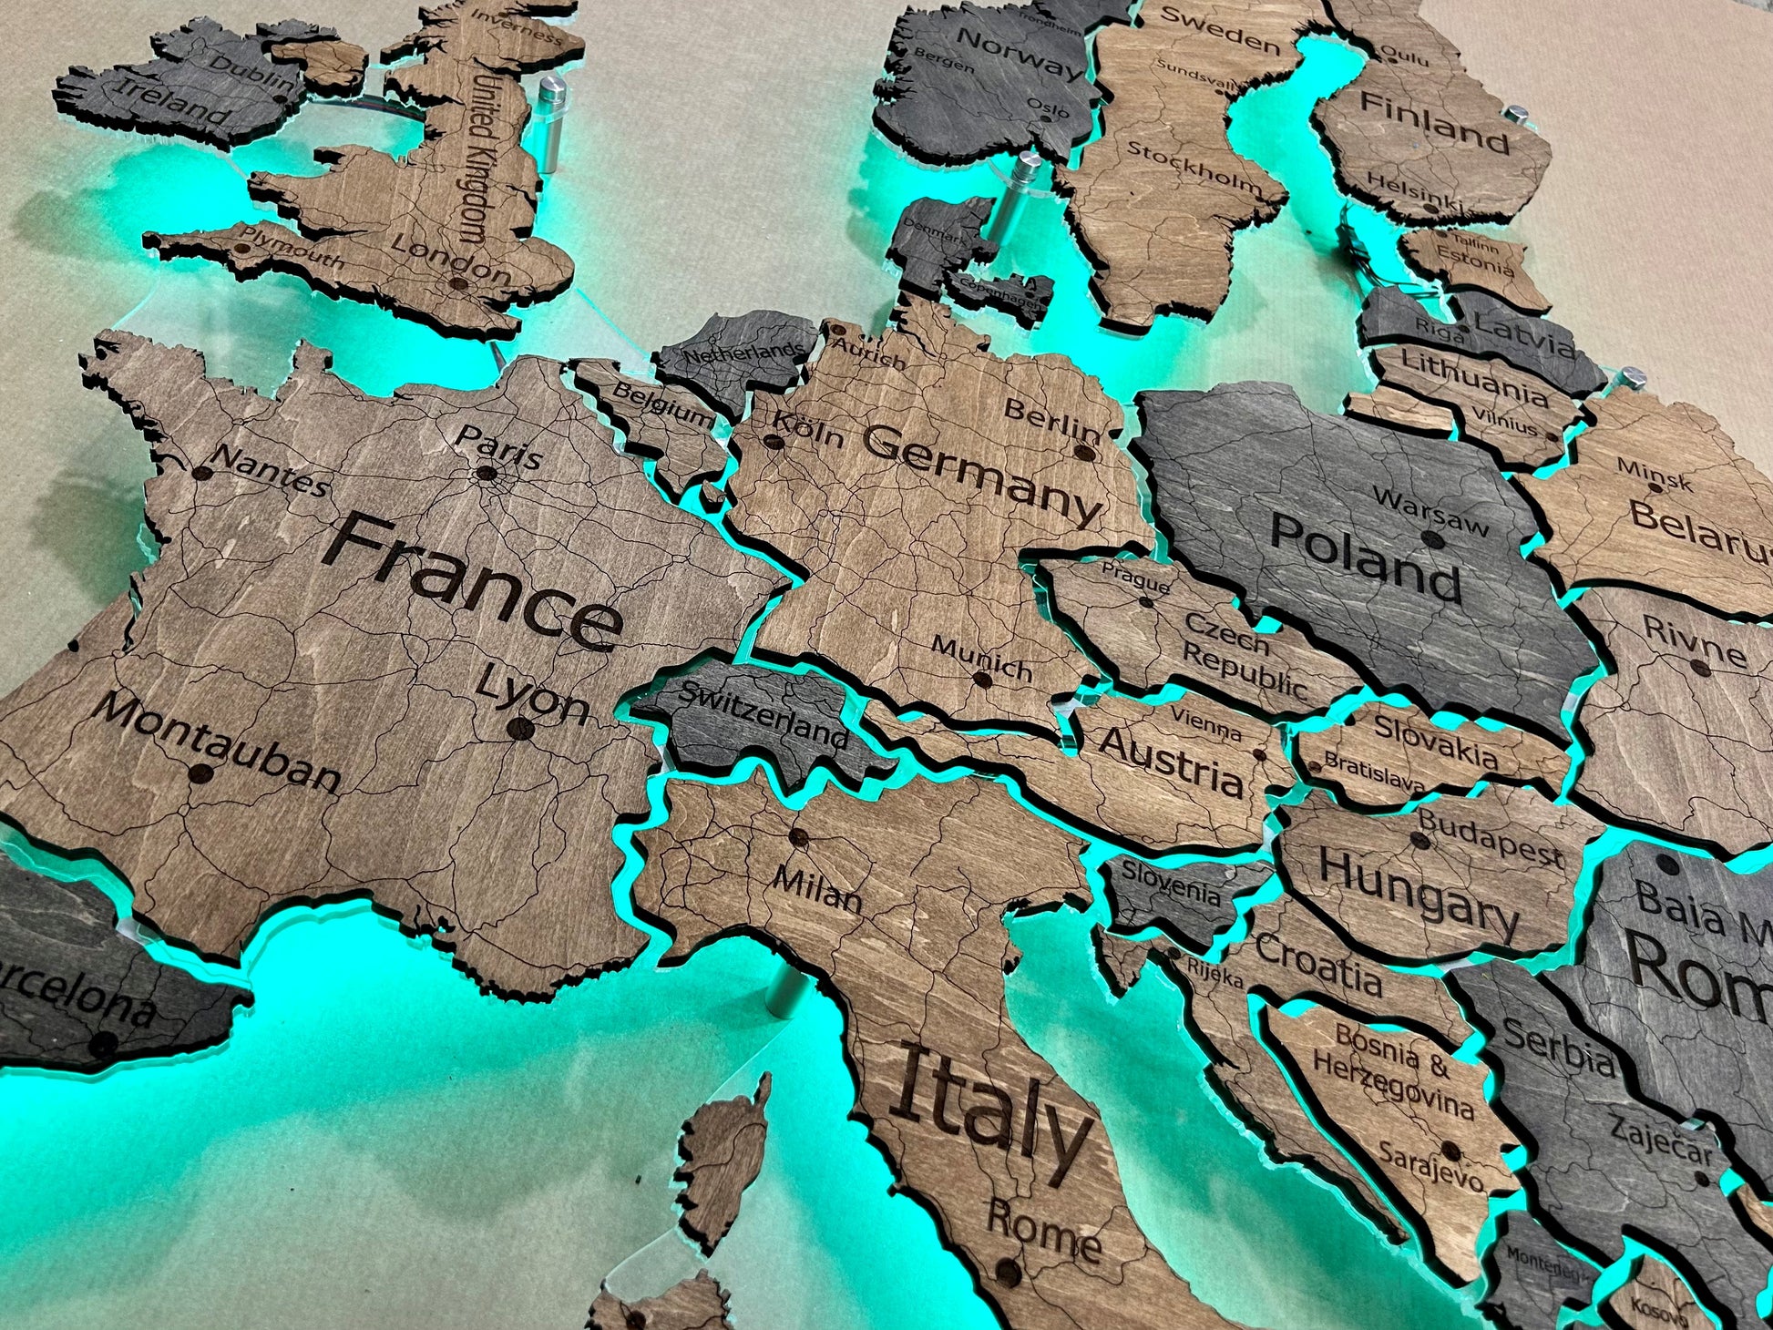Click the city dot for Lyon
(x=519, y=728)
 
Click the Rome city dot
(x=1008, y=1270)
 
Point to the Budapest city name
(x=1490, y=837)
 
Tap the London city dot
(x=460, y=284)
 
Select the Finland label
(x=1434, y=123)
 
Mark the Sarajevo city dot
(x=1450, y=1153)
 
